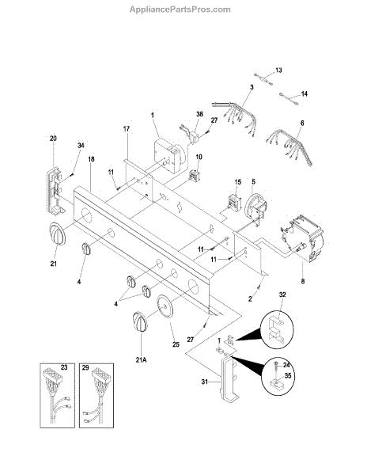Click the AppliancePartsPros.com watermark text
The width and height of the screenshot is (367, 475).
[180, 9]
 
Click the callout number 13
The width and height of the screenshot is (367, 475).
[278, 70]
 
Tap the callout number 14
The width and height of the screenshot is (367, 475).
[304, 94]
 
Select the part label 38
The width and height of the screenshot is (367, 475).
[199, 114]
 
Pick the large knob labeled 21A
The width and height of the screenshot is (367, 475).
[140, 321]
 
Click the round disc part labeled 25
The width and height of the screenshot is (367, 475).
[165, 306]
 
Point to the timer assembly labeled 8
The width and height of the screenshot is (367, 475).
[301, 238]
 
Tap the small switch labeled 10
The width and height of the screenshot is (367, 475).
[194, 176]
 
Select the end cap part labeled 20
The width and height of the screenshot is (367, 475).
[55, 191]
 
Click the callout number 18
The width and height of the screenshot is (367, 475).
[91, 159]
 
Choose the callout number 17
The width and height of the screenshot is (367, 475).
[127, 129]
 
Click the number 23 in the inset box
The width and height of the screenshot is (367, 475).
[64, 367]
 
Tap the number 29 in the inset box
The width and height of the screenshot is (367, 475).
[85, 367]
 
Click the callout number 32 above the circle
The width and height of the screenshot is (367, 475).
[282, 294]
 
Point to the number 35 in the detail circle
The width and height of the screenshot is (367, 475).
[288, 375]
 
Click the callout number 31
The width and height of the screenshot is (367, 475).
[205, 382]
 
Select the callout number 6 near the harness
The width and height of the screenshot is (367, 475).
[302, 123]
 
